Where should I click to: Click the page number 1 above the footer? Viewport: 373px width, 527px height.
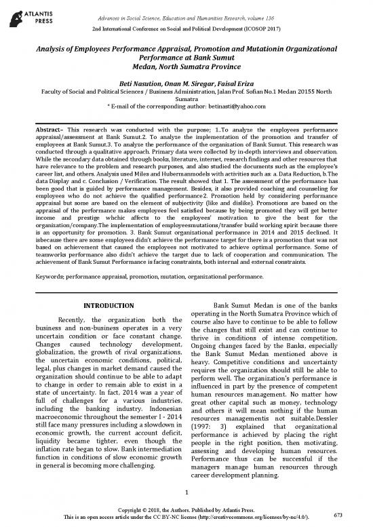click(x=186, y=493)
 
